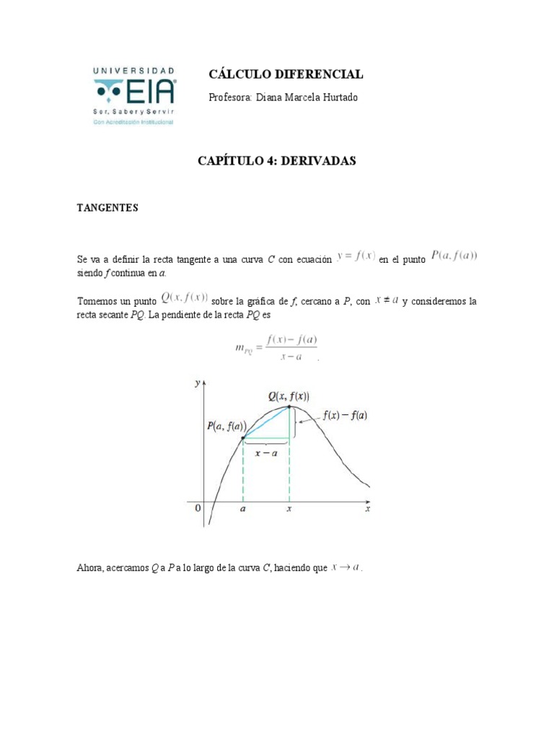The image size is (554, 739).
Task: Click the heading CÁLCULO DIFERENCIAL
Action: (286, 74)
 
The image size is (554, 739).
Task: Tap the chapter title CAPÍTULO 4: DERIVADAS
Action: (277, 162)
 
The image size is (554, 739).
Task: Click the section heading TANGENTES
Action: (107, 208)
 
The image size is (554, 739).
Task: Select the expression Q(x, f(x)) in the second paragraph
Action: (185, 297)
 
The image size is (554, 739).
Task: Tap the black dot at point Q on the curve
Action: (289, 407)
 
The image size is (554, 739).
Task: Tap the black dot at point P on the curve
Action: (243, 437)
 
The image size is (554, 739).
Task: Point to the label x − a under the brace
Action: (265, 453)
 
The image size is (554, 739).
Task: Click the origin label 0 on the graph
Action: (198, 508)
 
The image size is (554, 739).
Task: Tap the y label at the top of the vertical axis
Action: (197, 383)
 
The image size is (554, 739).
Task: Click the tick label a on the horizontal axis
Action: (243, 509)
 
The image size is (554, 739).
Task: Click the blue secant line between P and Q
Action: (266, 422)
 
